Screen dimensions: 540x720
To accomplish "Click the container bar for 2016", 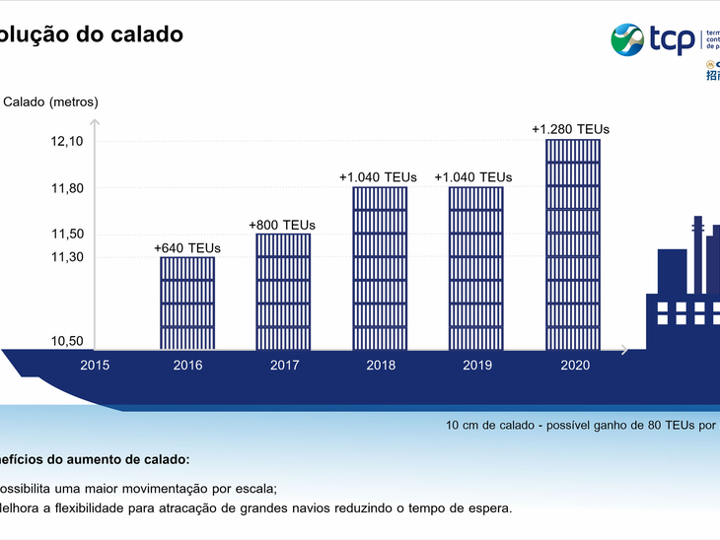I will [x=187, y=303].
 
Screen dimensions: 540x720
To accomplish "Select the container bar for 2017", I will [x=283, y=292].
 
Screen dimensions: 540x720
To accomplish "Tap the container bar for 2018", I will [x=380, y=268].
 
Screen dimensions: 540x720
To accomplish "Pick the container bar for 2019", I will [x=475, y=268].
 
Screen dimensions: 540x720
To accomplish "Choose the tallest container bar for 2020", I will [x=572, y=244].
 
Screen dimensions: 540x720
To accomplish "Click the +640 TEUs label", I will [x=187, y=247].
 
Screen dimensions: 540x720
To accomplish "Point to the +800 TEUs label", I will [x=282, y=225].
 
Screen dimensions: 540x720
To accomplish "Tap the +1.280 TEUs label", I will [x=570, y=129].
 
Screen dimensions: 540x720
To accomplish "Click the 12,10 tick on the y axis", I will [x=66, y=141].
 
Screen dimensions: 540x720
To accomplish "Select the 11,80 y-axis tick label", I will [x=66, y=188].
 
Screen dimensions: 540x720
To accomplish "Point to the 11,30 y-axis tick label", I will [x=66, y=256].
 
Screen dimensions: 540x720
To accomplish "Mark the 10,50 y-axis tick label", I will [x=66, y=341].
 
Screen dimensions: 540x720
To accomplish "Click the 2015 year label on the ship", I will [x=95, y=365].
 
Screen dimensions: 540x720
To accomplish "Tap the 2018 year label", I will [x=380, y=365].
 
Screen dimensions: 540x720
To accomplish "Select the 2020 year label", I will [x=574, y=365].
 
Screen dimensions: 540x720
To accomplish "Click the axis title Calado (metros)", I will [x=51, y=101].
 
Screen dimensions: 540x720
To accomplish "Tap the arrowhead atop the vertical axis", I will [x=95, y=122].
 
